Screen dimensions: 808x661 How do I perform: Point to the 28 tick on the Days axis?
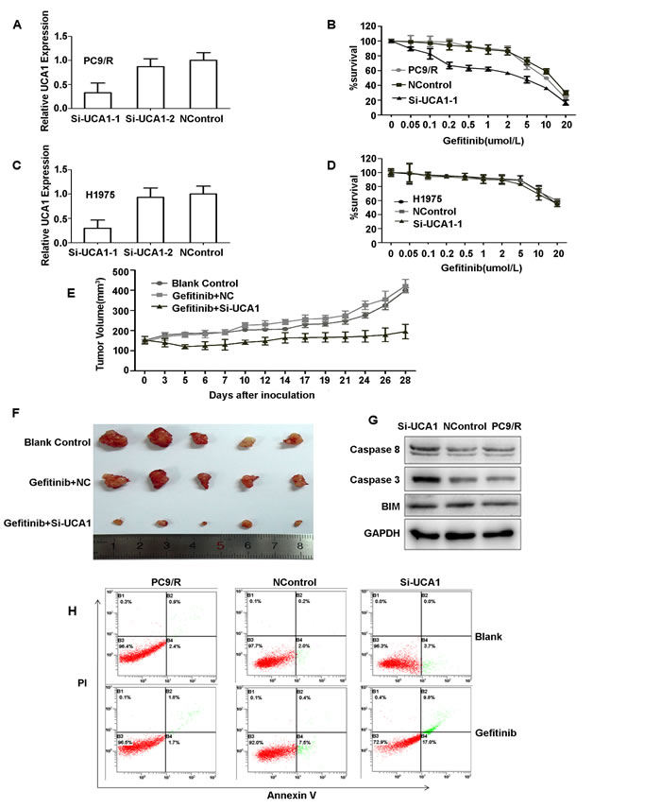405,381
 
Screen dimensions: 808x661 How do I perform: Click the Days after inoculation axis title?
263,395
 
